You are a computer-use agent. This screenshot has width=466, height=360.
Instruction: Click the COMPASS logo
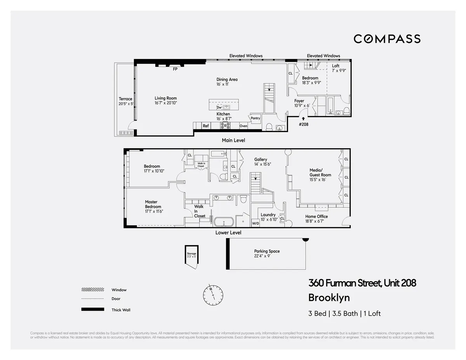click(387, 39)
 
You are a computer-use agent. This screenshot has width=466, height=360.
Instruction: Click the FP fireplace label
click(175, 70)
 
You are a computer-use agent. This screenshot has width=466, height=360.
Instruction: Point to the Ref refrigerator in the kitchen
click(205, 126)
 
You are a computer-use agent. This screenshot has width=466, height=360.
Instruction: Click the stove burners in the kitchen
click(225, 125)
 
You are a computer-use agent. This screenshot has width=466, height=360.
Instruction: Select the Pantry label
click(255, 118)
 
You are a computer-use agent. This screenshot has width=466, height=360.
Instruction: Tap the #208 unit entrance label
click(303, 124)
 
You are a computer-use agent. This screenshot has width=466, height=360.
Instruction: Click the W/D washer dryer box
click(256, 224)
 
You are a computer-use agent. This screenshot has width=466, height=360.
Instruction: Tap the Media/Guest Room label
click(320, 172)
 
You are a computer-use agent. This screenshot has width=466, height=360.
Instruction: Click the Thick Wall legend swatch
click(92, 310)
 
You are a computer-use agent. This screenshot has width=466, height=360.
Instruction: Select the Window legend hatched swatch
click(92, 290)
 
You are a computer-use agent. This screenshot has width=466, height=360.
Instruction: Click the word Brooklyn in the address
click(329, 298)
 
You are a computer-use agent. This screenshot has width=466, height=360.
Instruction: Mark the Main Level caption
click(233, 140)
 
